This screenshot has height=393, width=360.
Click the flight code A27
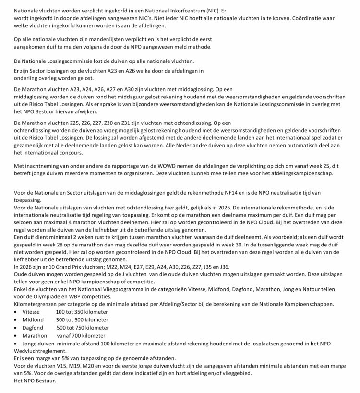[109, 89]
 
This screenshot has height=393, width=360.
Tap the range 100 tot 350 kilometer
[82, 312]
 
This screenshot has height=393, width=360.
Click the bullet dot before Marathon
[16, 336]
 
